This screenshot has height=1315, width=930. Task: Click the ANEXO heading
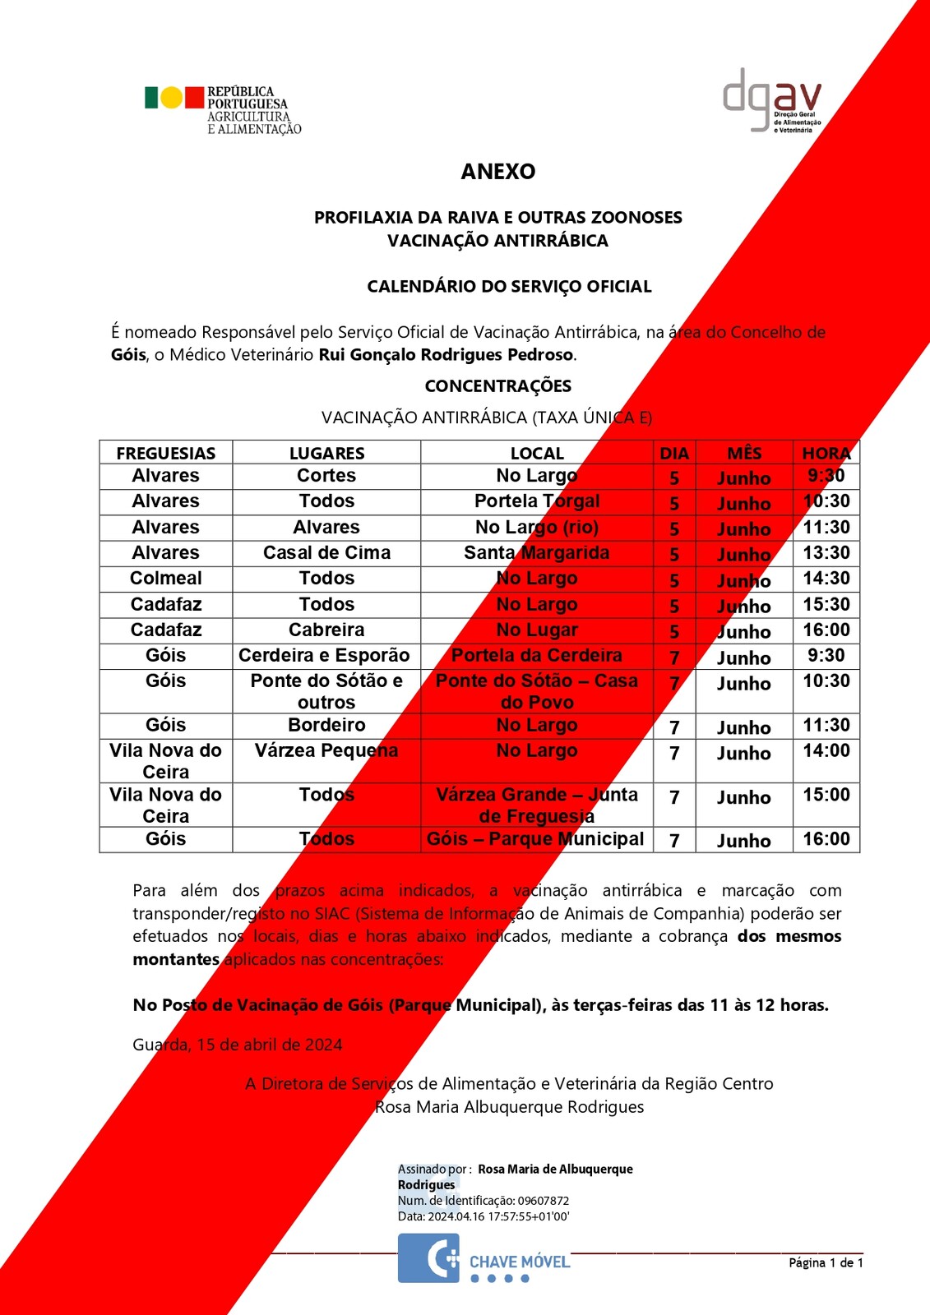(498, 172)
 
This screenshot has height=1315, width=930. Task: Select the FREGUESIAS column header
(166, 453)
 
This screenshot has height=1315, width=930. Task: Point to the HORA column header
(826, 453)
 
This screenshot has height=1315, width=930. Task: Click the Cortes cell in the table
(326, 476)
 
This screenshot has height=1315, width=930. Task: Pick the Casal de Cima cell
(326, 553)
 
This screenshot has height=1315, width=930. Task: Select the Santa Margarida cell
(536, 553)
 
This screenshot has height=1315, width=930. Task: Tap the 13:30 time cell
(826, 553)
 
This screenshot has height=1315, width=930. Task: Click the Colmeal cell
(166, 579)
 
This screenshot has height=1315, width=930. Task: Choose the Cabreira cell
(326, 630)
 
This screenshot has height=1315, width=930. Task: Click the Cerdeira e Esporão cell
(324, 656)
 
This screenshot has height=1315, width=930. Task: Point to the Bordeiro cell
(326, 726)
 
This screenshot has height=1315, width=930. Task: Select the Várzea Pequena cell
(326, 751)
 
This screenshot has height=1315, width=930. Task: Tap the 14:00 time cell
(826, 751)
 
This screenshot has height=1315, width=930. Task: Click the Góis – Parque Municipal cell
(535, 839)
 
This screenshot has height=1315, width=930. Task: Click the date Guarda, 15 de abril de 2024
(238, 1045)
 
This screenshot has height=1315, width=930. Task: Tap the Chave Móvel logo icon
(428, 1258)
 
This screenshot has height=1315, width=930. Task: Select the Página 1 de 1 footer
(826, 1262)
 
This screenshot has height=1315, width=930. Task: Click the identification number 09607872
(543, 1201)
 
